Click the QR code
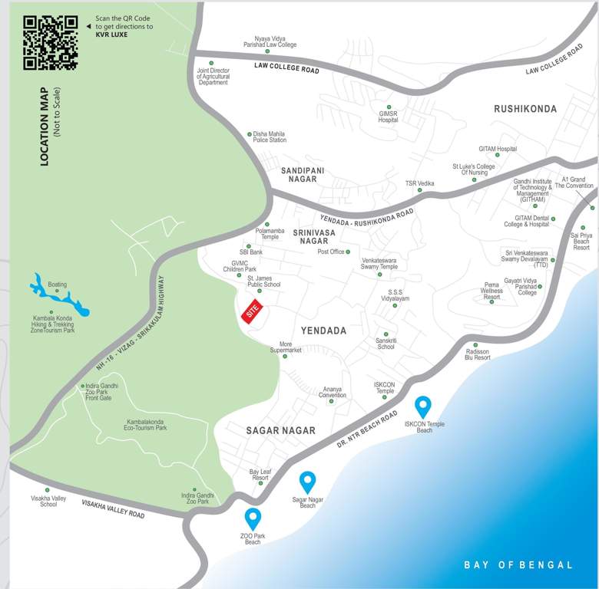click(51, 42)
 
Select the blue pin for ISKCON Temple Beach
click(422, 406)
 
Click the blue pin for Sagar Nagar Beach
click(307, 482)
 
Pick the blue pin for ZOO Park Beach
click(253, 518)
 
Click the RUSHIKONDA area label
click(525, 109)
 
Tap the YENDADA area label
click(323, 331)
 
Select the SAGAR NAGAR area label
click(280, 431)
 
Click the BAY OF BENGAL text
click(518, 565)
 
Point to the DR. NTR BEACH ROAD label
click(367, 430)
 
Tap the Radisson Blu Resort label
click(478, 354)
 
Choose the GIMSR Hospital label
click(388, 117)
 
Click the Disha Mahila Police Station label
click(270, 137)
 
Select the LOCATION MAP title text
click(44, 126)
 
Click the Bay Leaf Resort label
click(260, 474)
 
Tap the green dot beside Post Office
click(348, 252)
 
